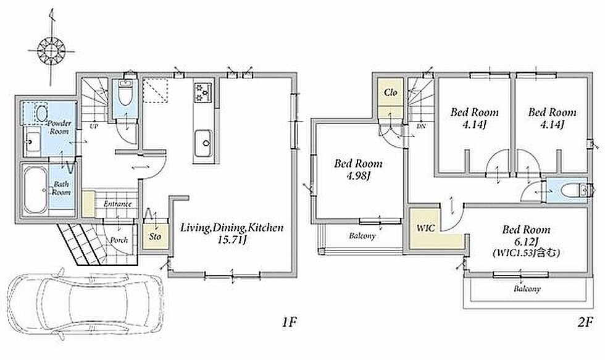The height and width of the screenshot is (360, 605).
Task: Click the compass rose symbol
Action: tap(51, 51)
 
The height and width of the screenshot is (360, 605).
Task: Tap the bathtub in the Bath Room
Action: tap(36, 189)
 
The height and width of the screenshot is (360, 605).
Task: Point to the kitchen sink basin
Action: tap(202, 143)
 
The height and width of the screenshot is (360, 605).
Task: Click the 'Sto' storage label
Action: tap(155, 236)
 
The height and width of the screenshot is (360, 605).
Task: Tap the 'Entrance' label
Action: tap(118, 204)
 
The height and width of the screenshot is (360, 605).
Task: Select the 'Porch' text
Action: tap(119, 240)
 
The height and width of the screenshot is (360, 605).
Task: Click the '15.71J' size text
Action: tap(232, 240)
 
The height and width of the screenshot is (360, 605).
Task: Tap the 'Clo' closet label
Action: tap(390, 92)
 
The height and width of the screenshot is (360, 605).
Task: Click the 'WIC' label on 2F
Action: tap(426, 228)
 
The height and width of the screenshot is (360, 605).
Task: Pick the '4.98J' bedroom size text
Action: tap(359, 176)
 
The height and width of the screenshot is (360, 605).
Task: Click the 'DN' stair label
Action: tap(421, 127)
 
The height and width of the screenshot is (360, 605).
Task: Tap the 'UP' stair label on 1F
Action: tap(93, 126)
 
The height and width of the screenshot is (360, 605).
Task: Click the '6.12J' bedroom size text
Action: tap(526, 241)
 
